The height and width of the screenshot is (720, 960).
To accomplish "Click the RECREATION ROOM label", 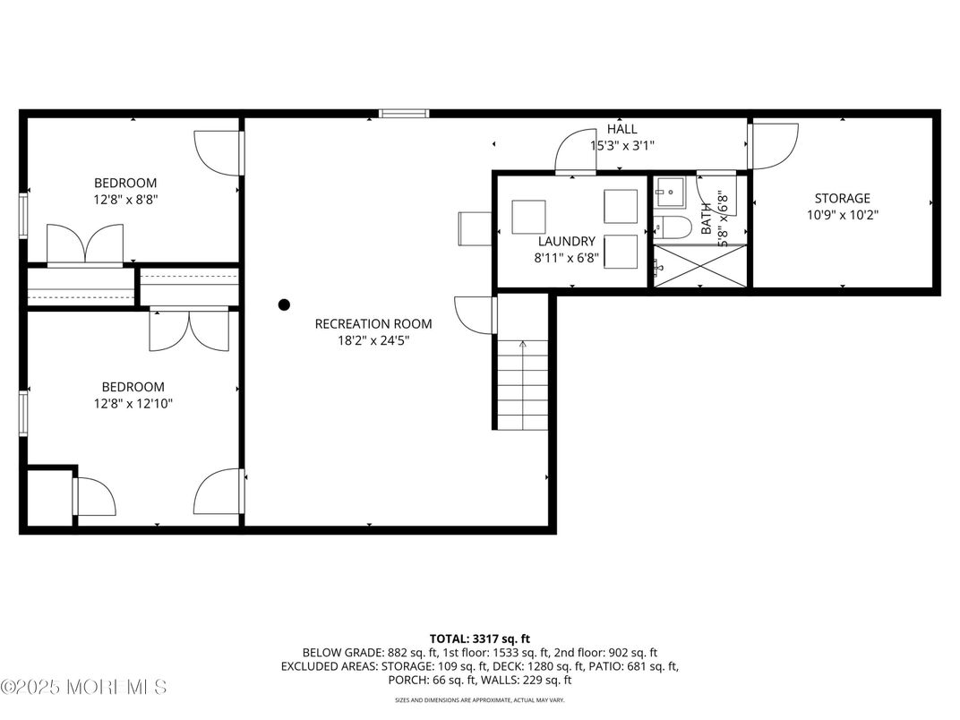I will [x=373, y=323].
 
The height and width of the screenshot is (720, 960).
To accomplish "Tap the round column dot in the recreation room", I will [x=284, y=304].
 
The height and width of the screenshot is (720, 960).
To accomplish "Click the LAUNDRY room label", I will [x=566, y=241].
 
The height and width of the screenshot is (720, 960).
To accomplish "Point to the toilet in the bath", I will [x=673, y=227].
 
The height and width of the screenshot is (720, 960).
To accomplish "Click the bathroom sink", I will [x=668, y=191].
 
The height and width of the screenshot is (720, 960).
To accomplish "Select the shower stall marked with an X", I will [x=699, y=265].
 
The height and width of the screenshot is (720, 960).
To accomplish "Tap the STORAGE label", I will [x=841, y=198].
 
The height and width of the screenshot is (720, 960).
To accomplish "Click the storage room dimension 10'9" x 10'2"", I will [x=841, y=215].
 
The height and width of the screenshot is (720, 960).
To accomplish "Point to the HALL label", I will [x=621, y=129].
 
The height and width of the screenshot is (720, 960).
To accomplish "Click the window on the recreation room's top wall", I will [x=403, y=114].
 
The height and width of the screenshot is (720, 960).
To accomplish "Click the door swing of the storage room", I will [x=775, y=146].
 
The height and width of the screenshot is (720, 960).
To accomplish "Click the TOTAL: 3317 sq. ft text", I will [x=479, y=639].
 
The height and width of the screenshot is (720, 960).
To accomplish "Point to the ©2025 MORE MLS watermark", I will [x=83, y=687].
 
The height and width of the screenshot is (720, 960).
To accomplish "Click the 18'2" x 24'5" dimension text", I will [x=373, y=340].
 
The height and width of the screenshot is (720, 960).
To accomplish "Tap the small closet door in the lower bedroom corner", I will [x=94, y=497].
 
